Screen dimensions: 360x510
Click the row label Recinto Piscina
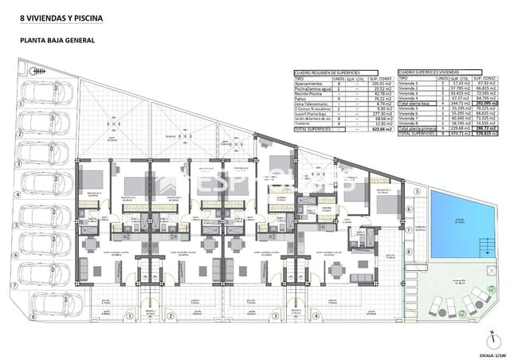click(309, 93)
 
